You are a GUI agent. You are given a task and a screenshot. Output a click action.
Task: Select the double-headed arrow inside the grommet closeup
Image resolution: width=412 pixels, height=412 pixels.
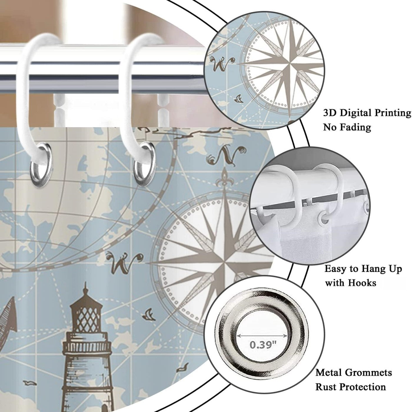263,336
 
